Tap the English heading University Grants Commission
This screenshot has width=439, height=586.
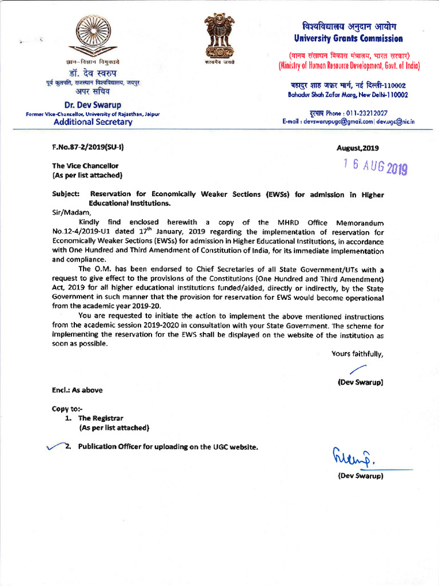[348, 39]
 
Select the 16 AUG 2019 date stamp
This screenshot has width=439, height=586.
[374, 167]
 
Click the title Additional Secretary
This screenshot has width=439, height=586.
[93, 122]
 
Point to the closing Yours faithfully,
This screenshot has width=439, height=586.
[357, 354]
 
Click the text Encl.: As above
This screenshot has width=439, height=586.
[77, 390]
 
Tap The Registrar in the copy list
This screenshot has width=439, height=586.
[101, 418]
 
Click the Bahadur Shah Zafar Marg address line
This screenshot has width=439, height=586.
[348, 94]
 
